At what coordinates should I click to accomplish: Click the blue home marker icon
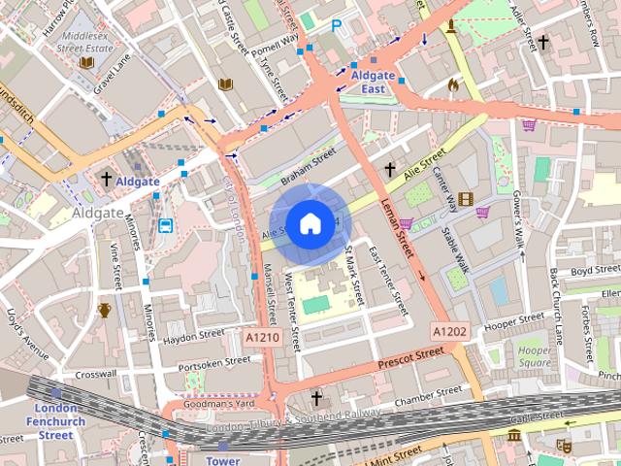309,223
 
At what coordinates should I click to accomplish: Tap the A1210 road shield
262,338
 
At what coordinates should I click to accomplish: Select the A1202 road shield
449,331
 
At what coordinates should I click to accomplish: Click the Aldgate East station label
374,82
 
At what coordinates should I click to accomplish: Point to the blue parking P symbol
337,27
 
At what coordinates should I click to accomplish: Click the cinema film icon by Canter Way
467,200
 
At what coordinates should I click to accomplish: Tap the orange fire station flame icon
452,85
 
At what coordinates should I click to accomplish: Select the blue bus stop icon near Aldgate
166,226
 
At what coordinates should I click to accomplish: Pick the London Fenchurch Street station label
55,421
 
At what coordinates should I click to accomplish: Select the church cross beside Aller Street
543,43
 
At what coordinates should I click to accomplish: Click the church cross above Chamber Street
315,398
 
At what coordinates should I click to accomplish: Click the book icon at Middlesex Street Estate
86,62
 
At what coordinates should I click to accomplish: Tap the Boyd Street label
595,270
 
